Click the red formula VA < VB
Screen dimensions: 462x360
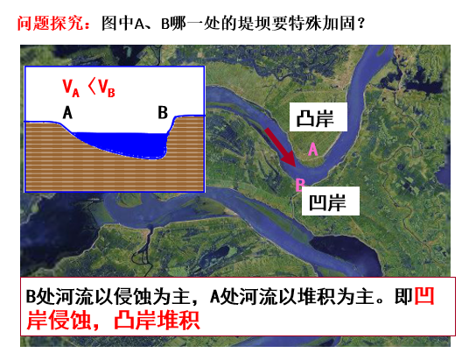[x=88, y=88]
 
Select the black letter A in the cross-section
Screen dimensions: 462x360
[x=67, y=112]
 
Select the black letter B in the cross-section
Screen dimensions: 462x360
[x=163, y=112]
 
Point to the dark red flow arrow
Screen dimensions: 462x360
[x=280, y=147]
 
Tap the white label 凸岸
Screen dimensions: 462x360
[x=318, y=117]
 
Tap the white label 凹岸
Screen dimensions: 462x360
[x=331, y=201]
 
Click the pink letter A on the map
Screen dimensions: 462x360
[x=313, y=149]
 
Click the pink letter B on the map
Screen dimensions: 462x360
[x=299, y=185]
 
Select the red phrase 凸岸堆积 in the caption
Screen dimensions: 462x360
[x=157, y=320]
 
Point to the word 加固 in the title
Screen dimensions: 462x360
[x=339, y=24]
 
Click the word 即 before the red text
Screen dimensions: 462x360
[x=403, y=296]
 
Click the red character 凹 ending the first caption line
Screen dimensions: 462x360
[x=424, y=296]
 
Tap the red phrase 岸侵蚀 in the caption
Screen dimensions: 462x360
[x=58, y=320]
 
